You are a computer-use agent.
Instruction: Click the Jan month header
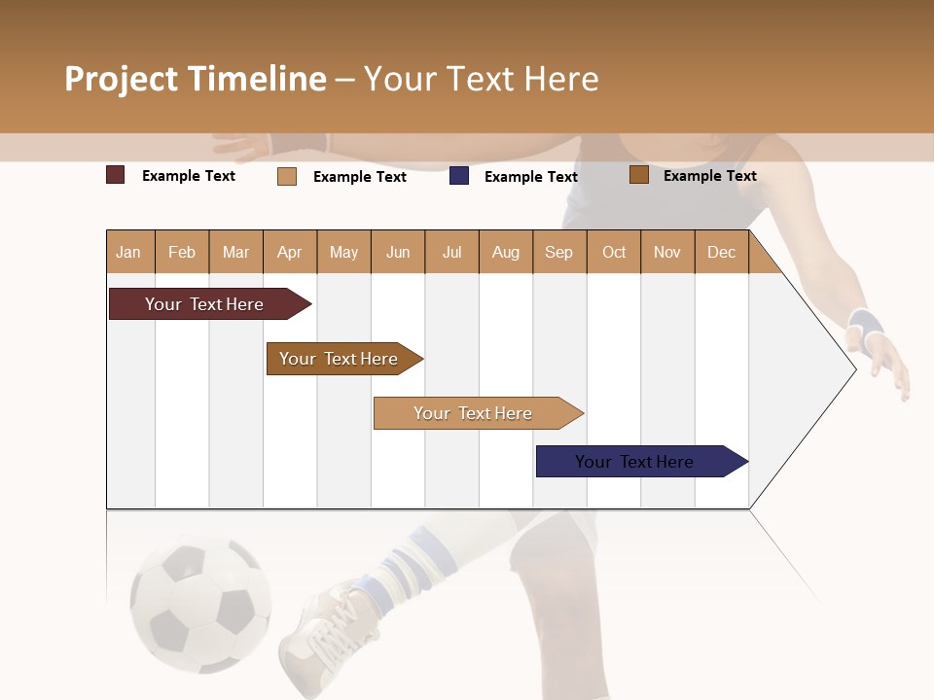[x=129, y=252]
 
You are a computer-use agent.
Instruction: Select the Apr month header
[x=290, y=252]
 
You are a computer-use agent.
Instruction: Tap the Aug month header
[x=506, y=252]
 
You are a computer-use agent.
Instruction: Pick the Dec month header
[x=721, y=252]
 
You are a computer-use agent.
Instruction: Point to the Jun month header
[x=398, y=252]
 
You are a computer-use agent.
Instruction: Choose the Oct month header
[x=614, y=252]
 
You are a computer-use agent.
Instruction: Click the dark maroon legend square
[x=116, y=175]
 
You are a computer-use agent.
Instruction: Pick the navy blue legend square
[x=459, y=176]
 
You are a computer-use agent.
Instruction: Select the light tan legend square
[x=287, y=176]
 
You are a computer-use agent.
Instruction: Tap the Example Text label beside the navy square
[x=530, y=177]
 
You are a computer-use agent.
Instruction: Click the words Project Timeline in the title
[x=195, y=79]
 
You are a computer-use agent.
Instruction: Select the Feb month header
[x=182, y=252]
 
